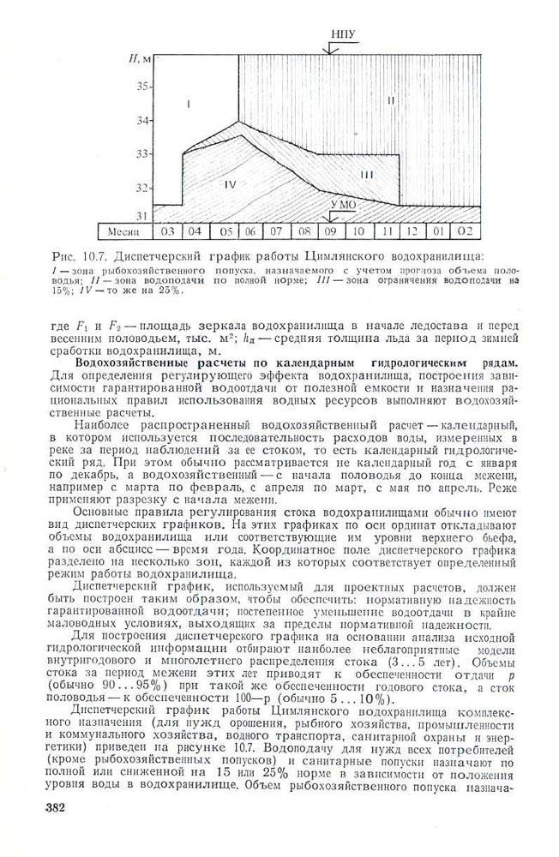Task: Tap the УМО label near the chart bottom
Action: pos(342,206)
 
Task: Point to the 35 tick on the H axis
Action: pos(143,87)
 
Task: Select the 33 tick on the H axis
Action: pos(143,153)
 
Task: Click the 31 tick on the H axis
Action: pos(143,216)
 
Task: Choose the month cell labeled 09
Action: pos(329,231)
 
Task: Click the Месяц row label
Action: pos(121,231)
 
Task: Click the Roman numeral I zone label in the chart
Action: pos(187,104)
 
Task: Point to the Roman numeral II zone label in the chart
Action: pos(390,101)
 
